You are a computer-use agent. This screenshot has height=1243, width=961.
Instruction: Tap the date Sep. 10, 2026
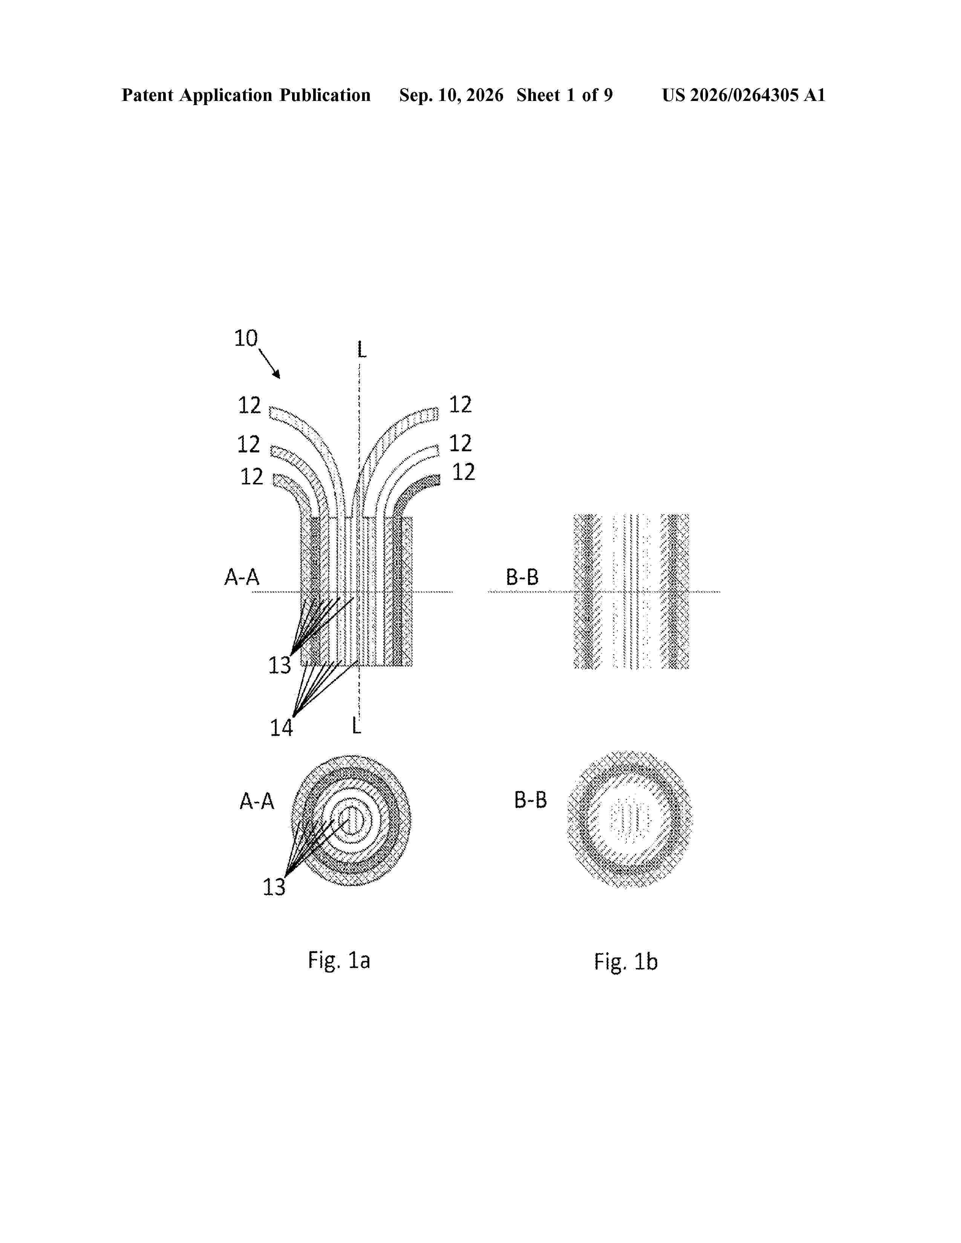(x=451, y=95)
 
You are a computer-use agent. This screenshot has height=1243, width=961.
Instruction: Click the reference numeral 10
(x=246, y=338)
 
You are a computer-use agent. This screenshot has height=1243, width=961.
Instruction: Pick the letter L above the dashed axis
(x=361, y=350)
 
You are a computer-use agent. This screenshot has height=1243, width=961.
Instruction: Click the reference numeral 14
(x=281, y=728)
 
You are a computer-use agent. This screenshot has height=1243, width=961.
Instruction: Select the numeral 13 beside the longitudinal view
(x=280, y=665)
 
